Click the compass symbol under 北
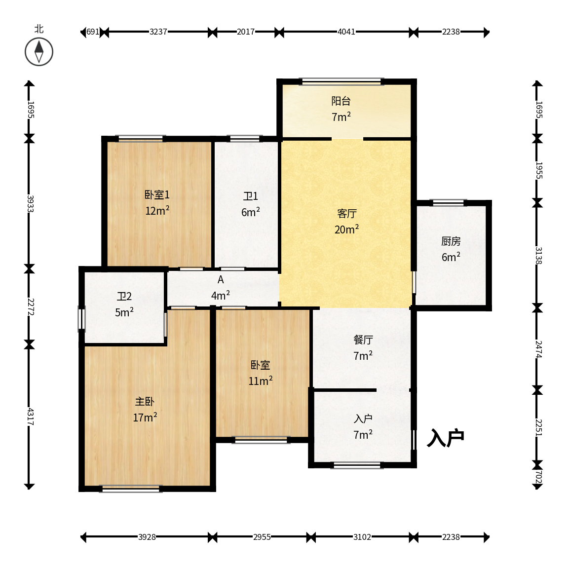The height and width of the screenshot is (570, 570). point(39,52)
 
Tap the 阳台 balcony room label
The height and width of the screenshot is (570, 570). point(341,101)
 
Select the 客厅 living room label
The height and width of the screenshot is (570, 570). point(347,214)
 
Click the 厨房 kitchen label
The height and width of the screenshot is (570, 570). point(451,241)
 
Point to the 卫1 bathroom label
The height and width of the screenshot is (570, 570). point(251,196)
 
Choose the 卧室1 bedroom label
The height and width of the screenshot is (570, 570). point(157,195)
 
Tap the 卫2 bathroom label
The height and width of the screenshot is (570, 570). point(124,297)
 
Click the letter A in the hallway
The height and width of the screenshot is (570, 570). point(221,280)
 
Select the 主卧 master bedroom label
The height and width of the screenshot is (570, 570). point(145,402)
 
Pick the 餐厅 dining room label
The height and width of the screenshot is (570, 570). point(363,340)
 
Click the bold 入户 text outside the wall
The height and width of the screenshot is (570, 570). point(446,438)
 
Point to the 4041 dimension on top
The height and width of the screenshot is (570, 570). point(346,32)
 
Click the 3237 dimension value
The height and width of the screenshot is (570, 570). point(158,32)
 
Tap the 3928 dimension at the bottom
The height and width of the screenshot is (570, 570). point(147,537)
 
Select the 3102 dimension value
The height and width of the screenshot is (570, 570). point(362,537)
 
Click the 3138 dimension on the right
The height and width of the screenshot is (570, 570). point(539,256)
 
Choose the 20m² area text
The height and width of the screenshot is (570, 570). point(347,229)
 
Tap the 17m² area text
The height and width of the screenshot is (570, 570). point(145,418)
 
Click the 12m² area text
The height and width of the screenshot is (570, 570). point(157,210)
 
